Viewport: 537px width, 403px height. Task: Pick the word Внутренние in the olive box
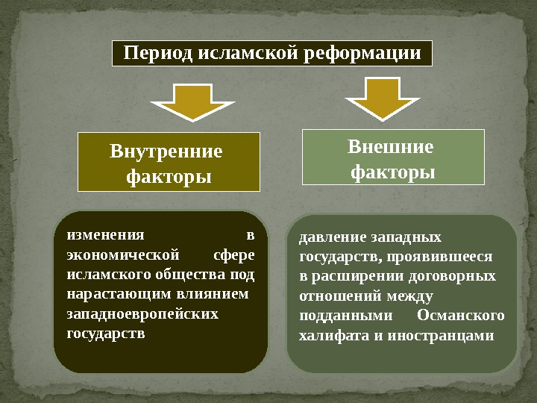point(166,151)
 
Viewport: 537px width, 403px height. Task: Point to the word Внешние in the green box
point(390,146)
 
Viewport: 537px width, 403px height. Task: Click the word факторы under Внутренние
point(168,177)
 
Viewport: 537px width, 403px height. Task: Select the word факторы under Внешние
point(393,172)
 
